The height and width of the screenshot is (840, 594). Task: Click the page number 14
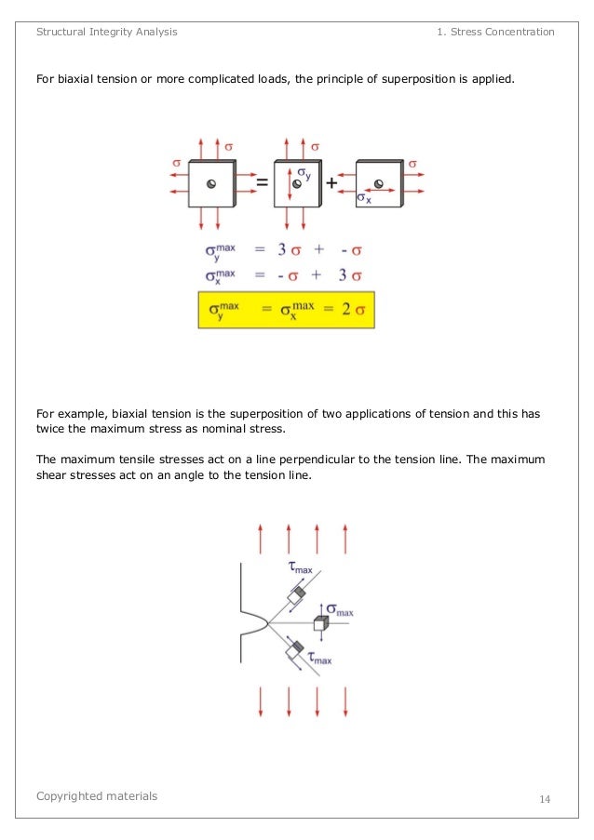coord(546,800)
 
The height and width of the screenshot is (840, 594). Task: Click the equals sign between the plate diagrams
coord(263,183)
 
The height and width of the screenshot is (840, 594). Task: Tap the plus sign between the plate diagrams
coord(331,183)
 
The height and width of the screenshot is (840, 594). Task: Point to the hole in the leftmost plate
coord(211,184)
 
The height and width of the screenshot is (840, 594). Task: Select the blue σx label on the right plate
coord(368,198)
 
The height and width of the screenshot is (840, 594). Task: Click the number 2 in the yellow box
coord(346,309)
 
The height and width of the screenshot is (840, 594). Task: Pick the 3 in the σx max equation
coord(344,274)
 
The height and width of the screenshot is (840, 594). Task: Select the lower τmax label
coord(318,660)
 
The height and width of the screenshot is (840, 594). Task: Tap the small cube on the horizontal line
coord(319,623)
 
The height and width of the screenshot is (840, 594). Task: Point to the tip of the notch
coord(269,621)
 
